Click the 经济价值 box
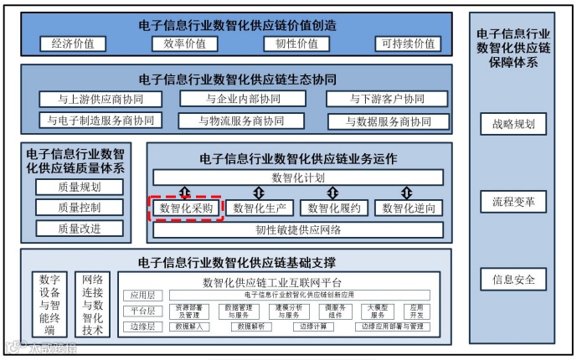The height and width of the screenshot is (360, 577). pos(73,44)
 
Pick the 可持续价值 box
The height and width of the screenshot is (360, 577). pos(408,44)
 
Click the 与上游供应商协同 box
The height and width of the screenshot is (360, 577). pos(101,99)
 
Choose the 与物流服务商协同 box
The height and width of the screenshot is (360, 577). pos(241,121)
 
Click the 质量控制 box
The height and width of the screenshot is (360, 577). pos(80,207)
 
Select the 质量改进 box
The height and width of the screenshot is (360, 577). pos(80,228)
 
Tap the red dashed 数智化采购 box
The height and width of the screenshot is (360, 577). pos(186,208)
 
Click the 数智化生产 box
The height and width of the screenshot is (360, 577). pos(261,208)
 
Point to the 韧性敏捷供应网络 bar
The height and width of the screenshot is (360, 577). pos(297,229)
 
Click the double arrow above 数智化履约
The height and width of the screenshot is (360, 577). pos(333,193)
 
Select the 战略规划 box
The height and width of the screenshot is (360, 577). pos(513,126)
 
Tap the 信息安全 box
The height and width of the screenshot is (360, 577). pos(513,279)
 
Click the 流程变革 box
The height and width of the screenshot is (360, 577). pos(513,202)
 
